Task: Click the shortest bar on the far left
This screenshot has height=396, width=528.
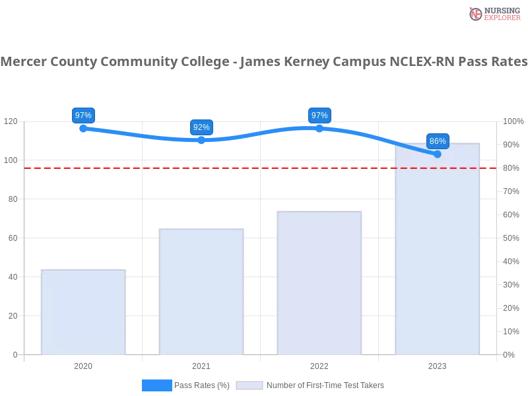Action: click(82, 313)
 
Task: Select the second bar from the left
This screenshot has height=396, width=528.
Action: click(203, 292)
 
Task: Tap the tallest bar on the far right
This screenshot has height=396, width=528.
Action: click(436, 251)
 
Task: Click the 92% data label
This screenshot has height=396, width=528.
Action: click(201, 127)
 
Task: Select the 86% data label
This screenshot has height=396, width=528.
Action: click(438, 141)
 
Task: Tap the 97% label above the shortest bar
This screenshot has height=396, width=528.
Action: click(83, 115)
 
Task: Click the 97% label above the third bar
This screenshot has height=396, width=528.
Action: click(319, 115)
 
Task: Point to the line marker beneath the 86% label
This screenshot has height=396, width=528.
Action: click(437, 154)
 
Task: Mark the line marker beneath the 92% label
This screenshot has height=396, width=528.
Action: click(201, 140)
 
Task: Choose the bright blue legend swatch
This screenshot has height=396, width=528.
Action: click(156, 385)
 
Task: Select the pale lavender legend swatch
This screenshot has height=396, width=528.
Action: click(249, 385)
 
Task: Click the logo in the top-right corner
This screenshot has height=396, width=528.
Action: click(493, 13)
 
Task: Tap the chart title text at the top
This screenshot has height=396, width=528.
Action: click(264, 62)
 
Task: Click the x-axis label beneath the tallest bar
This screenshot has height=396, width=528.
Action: click(437, 364)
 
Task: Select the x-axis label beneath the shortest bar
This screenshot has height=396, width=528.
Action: click(83, 364)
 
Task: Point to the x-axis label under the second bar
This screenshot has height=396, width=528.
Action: click(201, 364)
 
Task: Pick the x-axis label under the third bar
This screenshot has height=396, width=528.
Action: click(319, 364)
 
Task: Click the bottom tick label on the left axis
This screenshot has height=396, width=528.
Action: click(15, 354)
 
